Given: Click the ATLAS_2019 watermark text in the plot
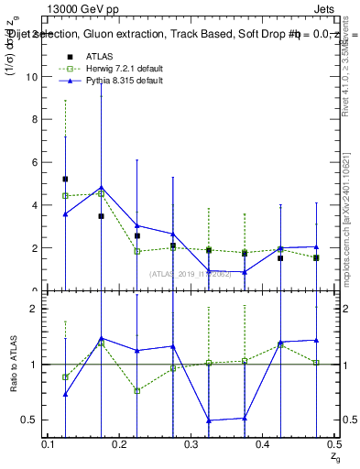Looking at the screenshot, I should [x=191, y=273].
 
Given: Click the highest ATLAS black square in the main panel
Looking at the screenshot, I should [x=65, y=180].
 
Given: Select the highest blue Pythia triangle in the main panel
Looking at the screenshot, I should [x=101, y=188].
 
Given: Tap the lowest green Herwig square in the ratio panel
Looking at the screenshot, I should [x=136, y=391].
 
